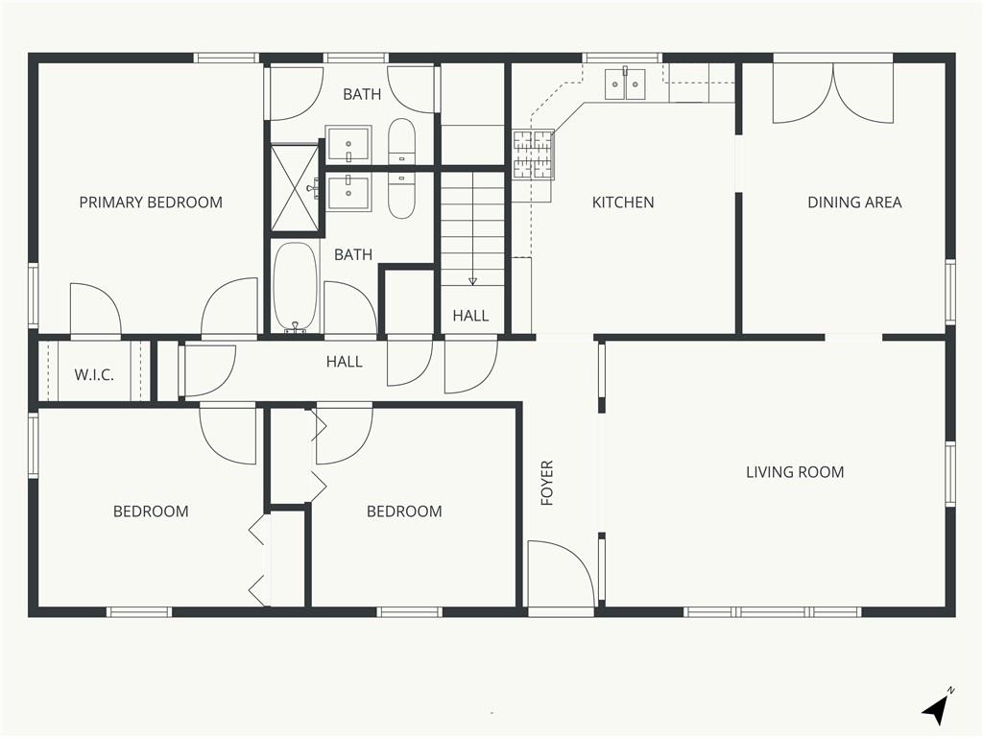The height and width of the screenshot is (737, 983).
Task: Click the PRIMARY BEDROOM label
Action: point(151,202)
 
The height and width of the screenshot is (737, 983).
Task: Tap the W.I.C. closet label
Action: point(94,375)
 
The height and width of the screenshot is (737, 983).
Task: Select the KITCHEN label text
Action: point(623,202)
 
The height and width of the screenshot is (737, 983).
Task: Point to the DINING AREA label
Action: point(854,202)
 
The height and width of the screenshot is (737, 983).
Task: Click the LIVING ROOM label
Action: point(795,472)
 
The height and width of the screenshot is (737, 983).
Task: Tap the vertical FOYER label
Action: point(547,484)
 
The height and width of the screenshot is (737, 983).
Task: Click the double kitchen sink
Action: point(625,84)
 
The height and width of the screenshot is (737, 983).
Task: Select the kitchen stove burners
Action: point(534,155)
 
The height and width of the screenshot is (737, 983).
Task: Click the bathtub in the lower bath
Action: point(295,286)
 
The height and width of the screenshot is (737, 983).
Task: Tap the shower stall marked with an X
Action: point(295,189)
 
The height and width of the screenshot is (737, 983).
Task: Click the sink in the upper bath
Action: point(348,144)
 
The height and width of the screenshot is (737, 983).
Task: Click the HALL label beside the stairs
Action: point(470,316)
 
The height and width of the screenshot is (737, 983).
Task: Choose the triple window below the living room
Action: point(773,611)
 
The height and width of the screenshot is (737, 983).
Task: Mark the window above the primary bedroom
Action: point(227,58)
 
